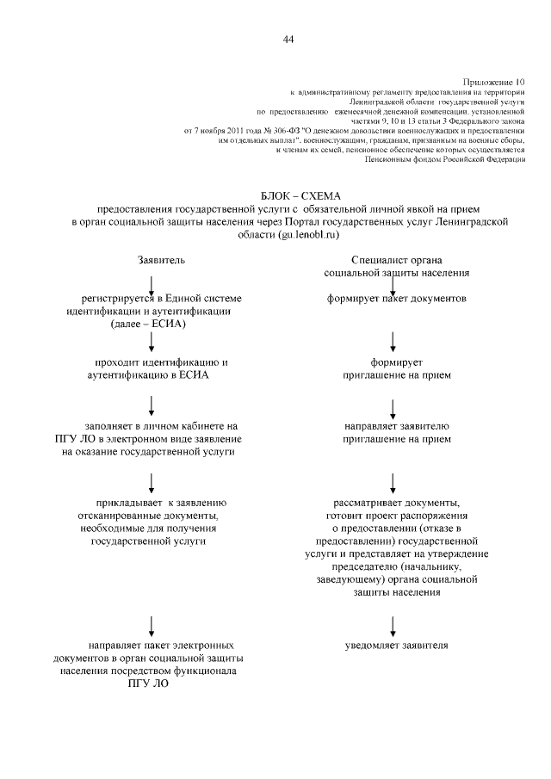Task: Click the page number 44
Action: coord(288,40)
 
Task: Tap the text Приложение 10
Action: coord(498,79)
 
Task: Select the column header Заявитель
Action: coord(161,259)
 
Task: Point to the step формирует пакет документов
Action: coord(397,299)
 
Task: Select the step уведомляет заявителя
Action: coord(397,644)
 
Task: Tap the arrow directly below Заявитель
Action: coord(152,284)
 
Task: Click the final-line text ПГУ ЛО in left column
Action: coord(148,683)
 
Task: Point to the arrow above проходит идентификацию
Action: coord(152,342)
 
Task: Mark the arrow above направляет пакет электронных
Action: coord(152,623)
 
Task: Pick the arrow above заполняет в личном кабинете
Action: coord(152,404)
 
